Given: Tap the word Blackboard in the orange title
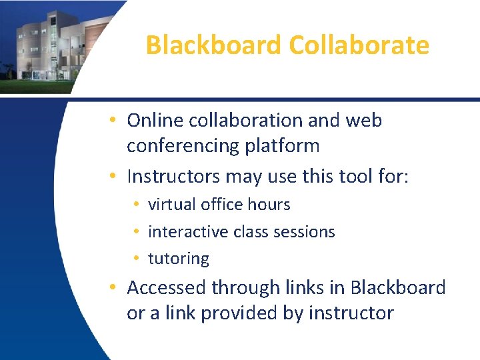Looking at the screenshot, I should (214, 45).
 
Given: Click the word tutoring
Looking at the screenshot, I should (178, 259).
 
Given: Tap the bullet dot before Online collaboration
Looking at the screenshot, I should (115, 121).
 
